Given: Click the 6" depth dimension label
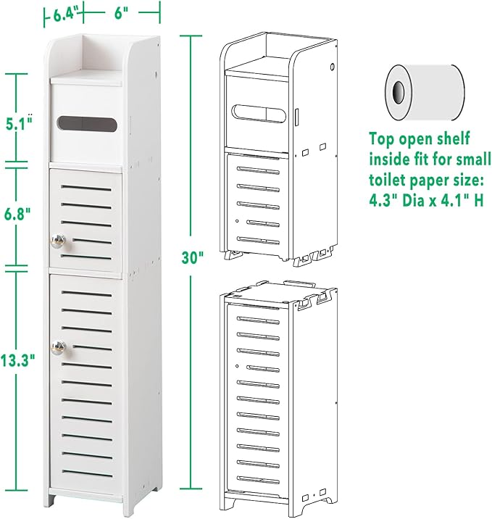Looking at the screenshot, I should tap(120, 12).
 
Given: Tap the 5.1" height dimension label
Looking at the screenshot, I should tap(20, 123).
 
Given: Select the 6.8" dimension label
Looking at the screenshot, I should tap(20, 215).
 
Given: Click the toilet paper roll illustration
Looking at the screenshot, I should tap(424, 91).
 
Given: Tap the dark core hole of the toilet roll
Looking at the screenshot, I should tap(398, 91).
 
